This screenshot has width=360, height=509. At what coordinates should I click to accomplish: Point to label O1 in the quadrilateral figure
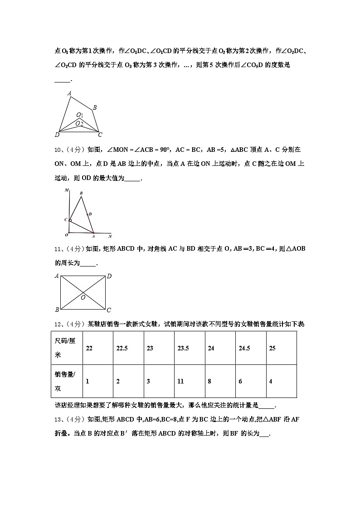pyautogui.click(x=79, y=115)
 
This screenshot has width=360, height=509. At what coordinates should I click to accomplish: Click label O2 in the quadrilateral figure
pyautogui.click(x=79, y=123)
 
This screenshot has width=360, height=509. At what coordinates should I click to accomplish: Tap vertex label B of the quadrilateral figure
pyautogui.click(x=95, y=107)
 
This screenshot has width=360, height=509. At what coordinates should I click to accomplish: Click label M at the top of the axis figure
pyautogui.click(x=66, y=190)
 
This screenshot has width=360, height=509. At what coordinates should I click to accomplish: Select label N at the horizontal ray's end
pyautogui.click(x=110, y=236)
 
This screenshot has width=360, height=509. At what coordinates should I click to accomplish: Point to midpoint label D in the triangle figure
pyautogui.click(x=90, y=214)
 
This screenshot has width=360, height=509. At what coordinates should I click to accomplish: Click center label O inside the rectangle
pyautogui.click(x=83, y=298)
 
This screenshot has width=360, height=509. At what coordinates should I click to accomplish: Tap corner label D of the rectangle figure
pyautogui.click(x=109, y=276)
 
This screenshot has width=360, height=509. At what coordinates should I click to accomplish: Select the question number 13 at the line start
pyautogui.click(x=58, y=419)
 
